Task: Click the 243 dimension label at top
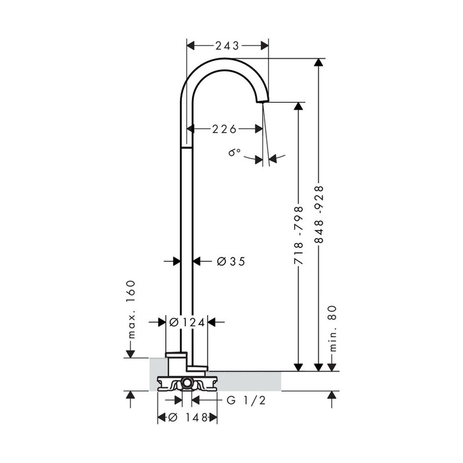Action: pos(227,46)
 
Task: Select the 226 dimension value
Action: pos(225,130)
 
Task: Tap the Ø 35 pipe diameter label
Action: pos(231,262)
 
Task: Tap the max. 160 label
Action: pos(131,309)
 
